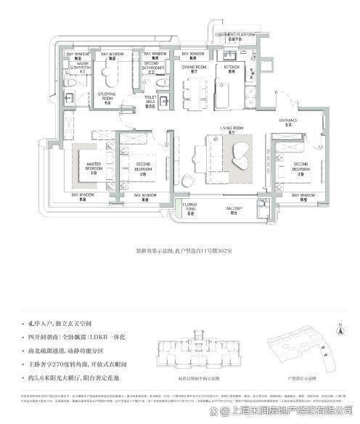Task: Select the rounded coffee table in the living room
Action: coord(240,153)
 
